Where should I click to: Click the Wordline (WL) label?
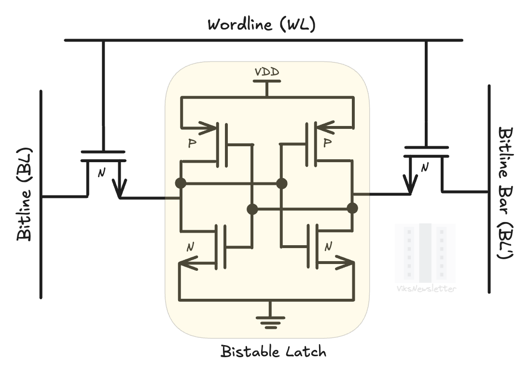coord(261,24)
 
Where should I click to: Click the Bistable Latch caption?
coord(274,351)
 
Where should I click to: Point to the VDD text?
coord(267,72)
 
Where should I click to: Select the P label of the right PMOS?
coord(328,143)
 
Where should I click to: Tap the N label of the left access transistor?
coord(101,173)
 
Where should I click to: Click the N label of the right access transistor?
coord(425,167)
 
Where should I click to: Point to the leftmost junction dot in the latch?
coord(181,183)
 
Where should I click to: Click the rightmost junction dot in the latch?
coord(353,209)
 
